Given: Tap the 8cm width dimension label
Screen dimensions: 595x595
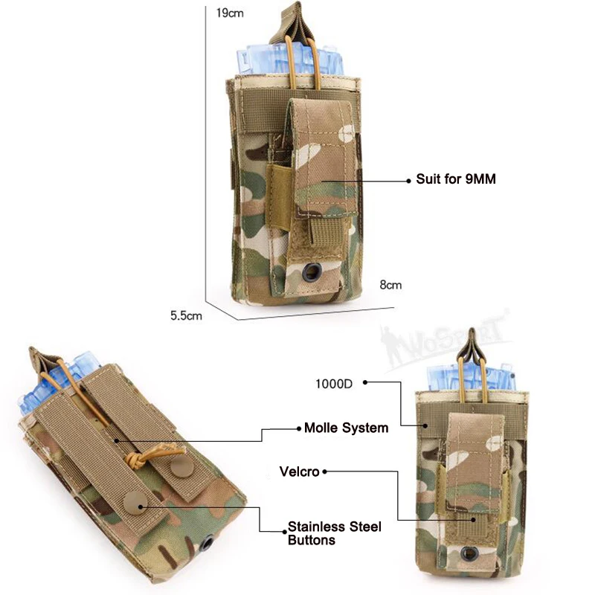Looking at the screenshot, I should [391, 285].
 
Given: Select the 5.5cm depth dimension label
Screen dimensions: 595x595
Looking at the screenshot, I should [186, 315].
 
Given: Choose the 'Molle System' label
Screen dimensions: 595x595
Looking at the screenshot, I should [347, 428].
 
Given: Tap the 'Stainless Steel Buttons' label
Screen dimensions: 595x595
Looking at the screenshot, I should [334, 533].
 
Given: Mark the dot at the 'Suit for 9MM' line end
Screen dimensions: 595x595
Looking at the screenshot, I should [408, 180].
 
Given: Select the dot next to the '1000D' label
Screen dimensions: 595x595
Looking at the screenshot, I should [366, 384].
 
